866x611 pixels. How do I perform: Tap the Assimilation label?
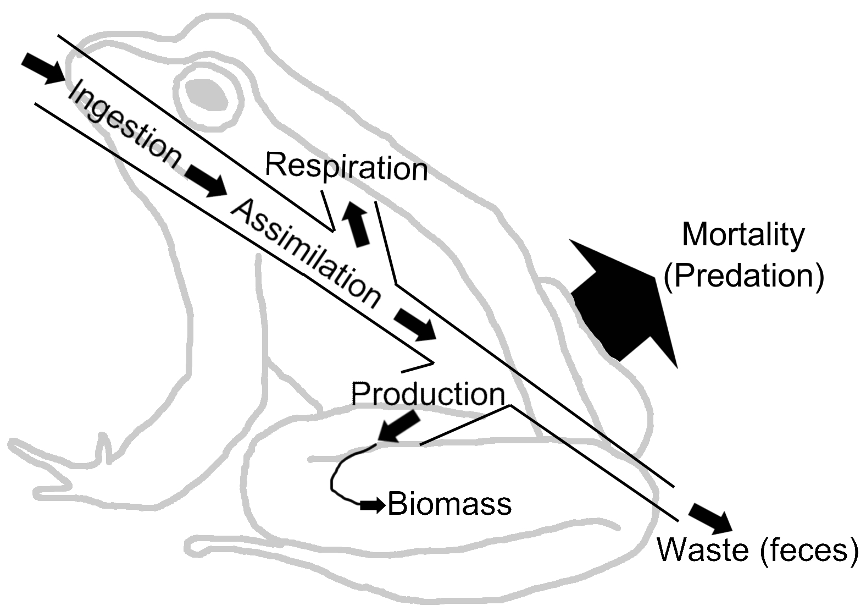(306, 254)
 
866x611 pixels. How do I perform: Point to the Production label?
(428, 394)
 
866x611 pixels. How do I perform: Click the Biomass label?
(449, 504)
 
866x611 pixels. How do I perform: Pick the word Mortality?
(743, 235)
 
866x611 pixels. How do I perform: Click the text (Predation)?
(744, 276)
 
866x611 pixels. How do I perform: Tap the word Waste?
(703, 549)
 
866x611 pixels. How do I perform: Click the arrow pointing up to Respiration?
(355, 223)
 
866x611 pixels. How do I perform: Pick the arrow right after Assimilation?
(415, 324)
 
